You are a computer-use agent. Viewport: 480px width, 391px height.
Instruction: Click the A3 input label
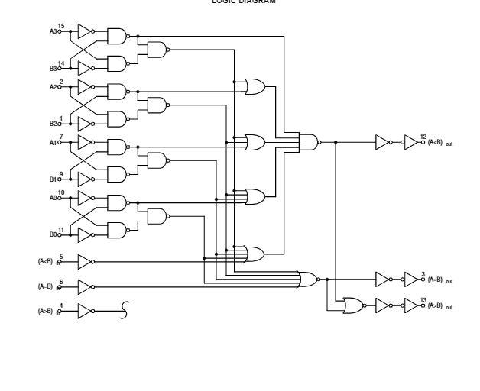point(53,31)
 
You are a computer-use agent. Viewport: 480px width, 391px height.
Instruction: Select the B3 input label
point(53,68)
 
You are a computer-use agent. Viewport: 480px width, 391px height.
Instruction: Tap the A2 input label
point(53,86)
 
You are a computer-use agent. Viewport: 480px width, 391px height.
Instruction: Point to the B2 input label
point(53,123)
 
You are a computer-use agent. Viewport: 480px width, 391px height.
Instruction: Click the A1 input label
point(53,141)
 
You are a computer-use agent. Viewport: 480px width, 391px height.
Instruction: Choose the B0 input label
point(53,234)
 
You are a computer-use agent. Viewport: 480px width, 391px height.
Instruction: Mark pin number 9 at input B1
point(61,173)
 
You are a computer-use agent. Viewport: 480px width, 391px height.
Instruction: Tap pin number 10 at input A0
point(61,192)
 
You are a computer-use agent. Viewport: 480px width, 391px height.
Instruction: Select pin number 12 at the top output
point(423,137)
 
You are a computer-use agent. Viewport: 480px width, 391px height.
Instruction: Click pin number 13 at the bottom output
point(423,301)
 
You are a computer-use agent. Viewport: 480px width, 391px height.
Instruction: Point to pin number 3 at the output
point(423,273)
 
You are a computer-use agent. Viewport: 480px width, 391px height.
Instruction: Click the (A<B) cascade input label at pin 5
point(45,261)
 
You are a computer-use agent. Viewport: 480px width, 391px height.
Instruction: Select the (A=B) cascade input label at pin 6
point(45,287)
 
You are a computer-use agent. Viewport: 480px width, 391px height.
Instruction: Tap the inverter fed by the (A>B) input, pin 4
point(84,311)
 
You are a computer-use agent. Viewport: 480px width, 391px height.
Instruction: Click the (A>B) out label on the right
point(439,306)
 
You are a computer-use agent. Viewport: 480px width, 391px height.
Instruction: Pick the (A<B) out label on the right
point(439,142)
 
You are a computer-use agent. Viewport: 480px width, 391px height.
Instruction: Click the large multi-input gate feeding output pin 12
point(308,141)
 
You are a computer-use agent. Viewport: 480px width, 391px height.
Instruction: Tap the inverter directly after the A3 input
point(84,31)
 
